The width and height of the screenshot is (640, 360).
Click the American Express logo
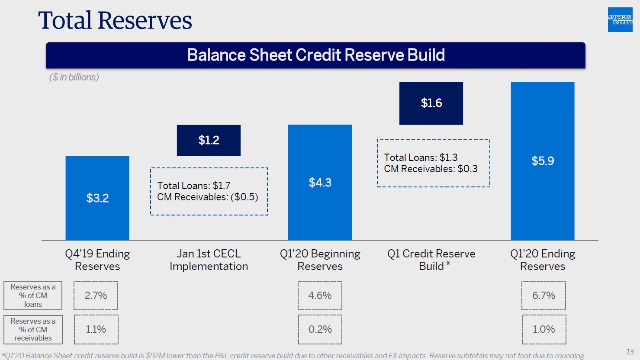[620, 20]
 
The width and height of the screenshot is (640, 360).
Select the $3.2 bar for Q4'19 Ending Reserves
[97, 198]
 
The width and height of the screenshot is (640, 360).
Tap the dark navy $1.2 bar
[209, 141]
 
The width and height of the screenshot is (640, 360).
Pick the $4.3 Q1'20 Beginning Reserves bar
[320, 183]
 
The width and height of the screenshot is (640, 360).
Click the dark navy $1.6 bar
[431, 103]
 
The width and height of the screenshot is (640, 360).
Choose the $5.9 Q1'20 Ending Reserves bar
[542, 161]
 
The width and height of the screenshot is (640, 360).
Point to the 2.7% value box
[96, 296]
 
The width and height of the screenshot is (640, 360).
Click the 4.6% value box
[320, 296]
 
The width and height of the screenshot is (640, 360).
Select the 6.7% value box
[544, 296]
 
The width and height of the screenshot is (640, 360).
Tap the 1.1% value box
[96, 329]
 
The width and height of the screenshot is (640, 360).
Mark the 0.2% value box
[320, 329]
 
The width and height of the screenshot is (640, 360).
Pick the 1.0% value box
[544, 329]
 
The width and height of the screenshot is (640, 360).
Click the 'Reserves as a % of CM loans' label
[33, 296]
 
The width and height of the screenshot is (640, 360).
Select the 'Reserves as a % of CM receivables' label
[33, 330]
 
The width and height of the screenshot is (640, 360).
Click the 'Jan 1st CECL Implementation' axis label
[209, 260]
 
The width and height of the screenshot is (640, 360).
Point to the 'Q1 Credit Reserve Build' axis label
[431, 260]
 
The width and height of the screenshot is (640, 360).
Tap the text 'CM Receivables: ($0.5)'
[207, 197]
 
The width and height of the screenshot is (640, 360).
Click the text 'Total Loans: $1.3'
[421, 157]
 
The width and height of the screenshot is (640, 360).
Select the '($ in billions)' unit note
[74, 77]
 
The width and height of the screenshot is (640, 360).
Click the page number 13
[630, 352]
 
